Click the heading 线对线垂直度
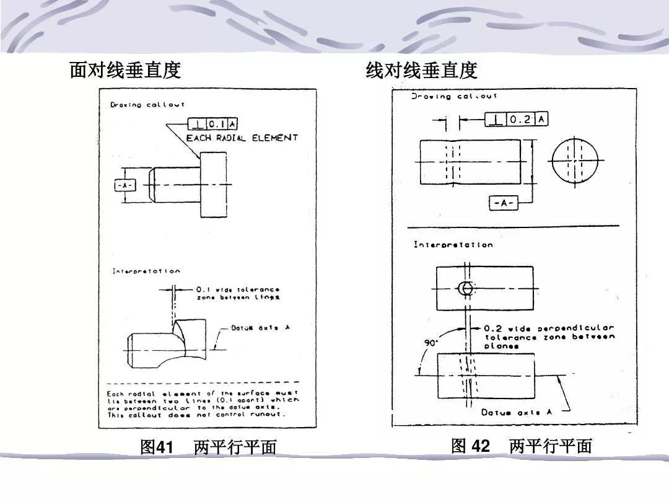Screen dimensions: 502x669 tap(421, 71)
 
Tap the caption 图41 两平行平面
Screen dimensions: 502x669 tap(208, 447)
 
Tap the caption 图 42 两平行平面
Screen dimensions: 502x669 tap(522, 446)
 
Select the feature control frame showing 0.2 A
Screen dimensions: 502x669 tap(516, 119)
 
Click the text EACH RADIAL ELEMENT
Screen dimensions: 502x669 tap(242, 138)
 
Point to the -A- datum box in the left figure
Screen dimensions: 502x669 tap(124, 185)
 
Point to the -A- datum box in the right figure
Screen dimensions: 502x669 tap(504, 203)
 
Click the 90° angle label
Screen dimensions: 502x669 tap(429, 343)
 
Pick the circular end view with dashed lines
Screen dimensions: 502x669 tap(574, 161)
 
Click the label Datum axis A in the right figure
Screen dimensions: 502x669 tap(511, 412)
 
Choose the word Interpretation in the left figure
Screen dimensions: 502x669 tap(146, 271)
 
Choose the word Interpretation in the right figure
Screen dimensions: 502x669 tap(453, 245)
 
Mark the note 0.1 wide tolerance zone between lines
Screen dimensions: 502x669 tap(238, 293)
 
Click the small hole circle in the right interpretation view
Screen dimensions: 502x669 tap(466, 288)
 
